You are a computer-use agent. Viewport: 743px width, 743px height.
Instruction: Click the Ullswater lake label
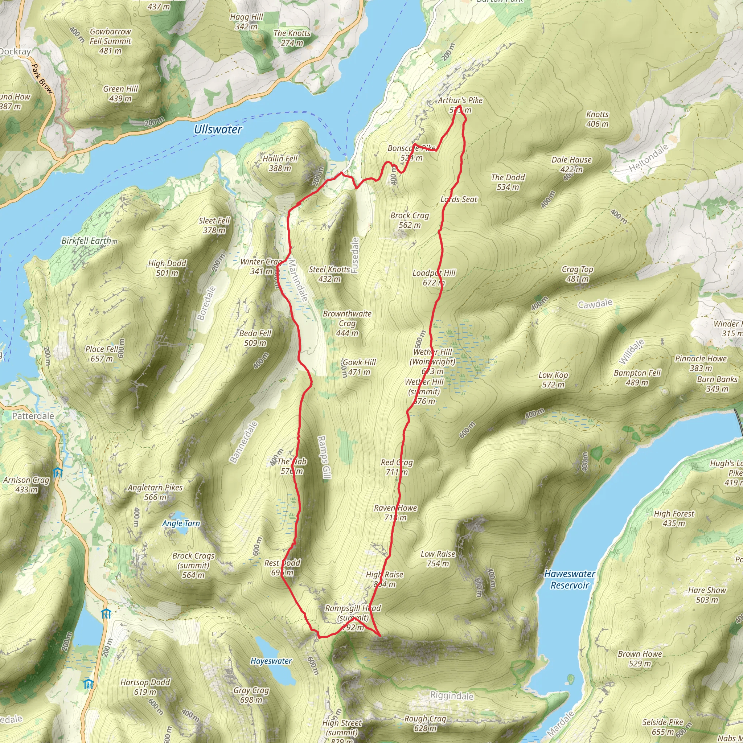(x=218, y=129)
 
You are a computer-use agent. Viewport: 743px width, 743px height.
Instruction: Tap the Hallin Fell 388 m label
(x=280, y=163)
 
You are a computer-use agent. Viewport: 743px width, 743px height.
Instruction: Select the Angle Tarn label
(x=181, y=523)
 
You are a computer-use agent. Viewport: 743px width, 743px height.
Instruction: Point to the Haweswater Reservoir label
(x=570, y=579)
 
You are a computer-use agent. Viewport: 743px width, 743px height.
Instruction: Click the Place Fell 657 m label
(x=102, y=354)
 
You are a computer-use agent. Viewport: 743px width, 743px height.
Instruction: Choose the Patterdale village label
(x=33, y=416)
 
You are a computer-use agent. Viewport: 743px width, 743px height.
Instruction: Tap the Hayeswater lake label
(x=271, y=661)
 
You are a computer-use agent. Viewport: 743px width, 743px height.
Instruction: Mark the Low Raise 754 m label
(x=438, y=559)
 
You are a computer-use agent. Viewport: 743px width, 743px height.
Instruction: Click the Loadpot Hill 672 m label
(x=434, y=278)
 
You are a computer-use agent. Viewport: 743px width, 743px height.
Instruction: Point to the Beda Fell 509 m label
(x=255, y=338)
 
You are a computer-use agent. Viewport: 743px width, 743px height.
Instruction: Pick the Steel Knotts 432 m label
(x=329, y=274)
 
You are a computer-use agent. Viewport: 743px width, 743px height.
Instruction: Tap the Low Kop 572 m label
(x=553, y=379)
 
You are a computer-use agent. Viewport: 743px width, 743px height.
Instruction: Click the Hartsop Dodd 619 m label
(x=145, y=687)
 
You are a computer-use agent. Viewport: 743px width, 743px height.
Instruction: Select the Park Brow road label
(x=42, y=78)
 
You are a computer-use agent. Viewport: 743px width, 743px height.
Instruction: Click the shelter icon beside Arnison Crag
(x=58, y=472)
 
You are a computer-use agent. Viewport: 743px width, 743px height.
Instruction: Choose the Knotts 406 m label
(x=597, y=119)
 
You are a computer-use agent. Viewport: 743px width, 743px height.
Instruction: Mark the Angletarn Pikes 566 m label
(x=155, y=492)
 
